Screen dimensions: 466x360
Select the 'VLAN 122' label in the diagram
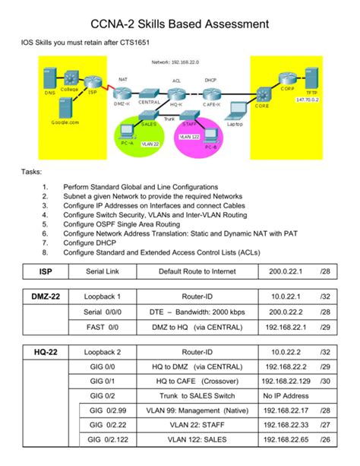click(x=188, y=136)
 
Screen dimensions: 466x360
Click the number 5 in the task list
click(x=46, y=224)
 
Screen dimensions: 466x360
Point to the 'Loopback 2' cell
click(x=103, y=353)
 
